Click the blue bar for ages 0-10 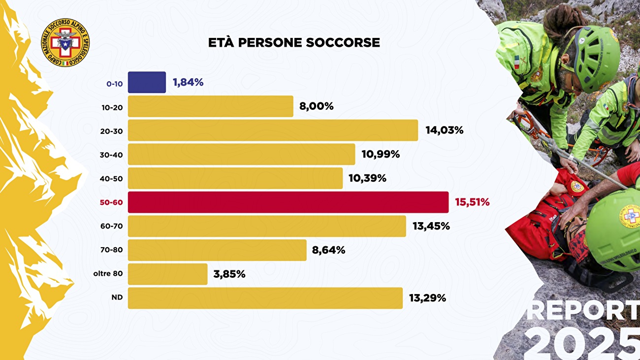pos(147,82)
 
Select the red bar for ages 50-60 pos(288,202)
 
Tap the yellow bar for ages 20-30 pos(273,130)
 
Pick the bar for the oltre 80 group pos(167,274)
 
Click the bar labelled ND pos(265,298)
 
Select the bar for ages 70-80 pos(217,250)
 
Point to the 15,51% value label pos(472,202)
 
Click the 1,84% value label pos(188,82)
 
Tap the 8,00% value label pos(316,106)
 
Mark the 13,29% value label pos(427,298)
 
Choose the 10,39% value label pos(367,178)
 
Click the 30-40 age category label pos(111,155)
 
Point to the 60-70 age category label pos(111,227)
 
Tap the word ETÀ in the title pos(221,43)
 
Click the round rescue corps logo pos(65,43)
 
